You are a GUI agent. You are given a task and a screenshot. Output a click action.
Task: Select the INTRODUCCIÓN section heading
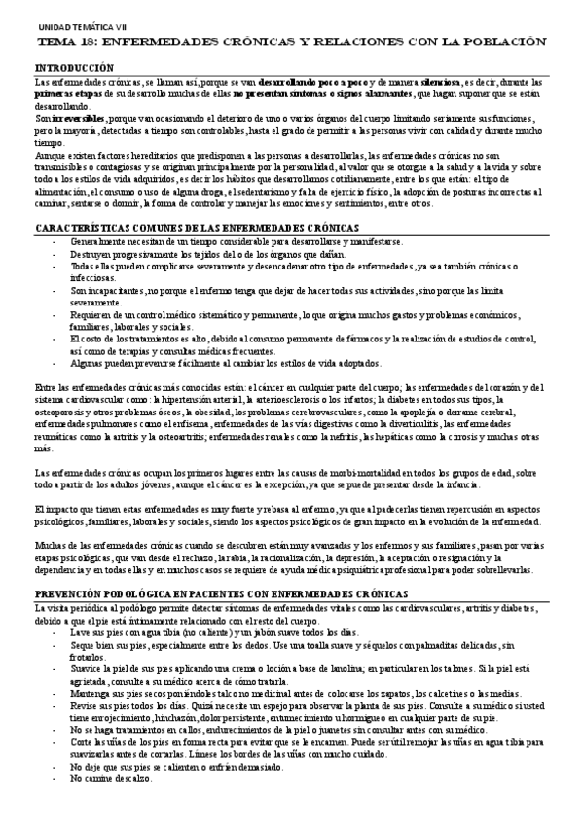click(74, 68)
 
